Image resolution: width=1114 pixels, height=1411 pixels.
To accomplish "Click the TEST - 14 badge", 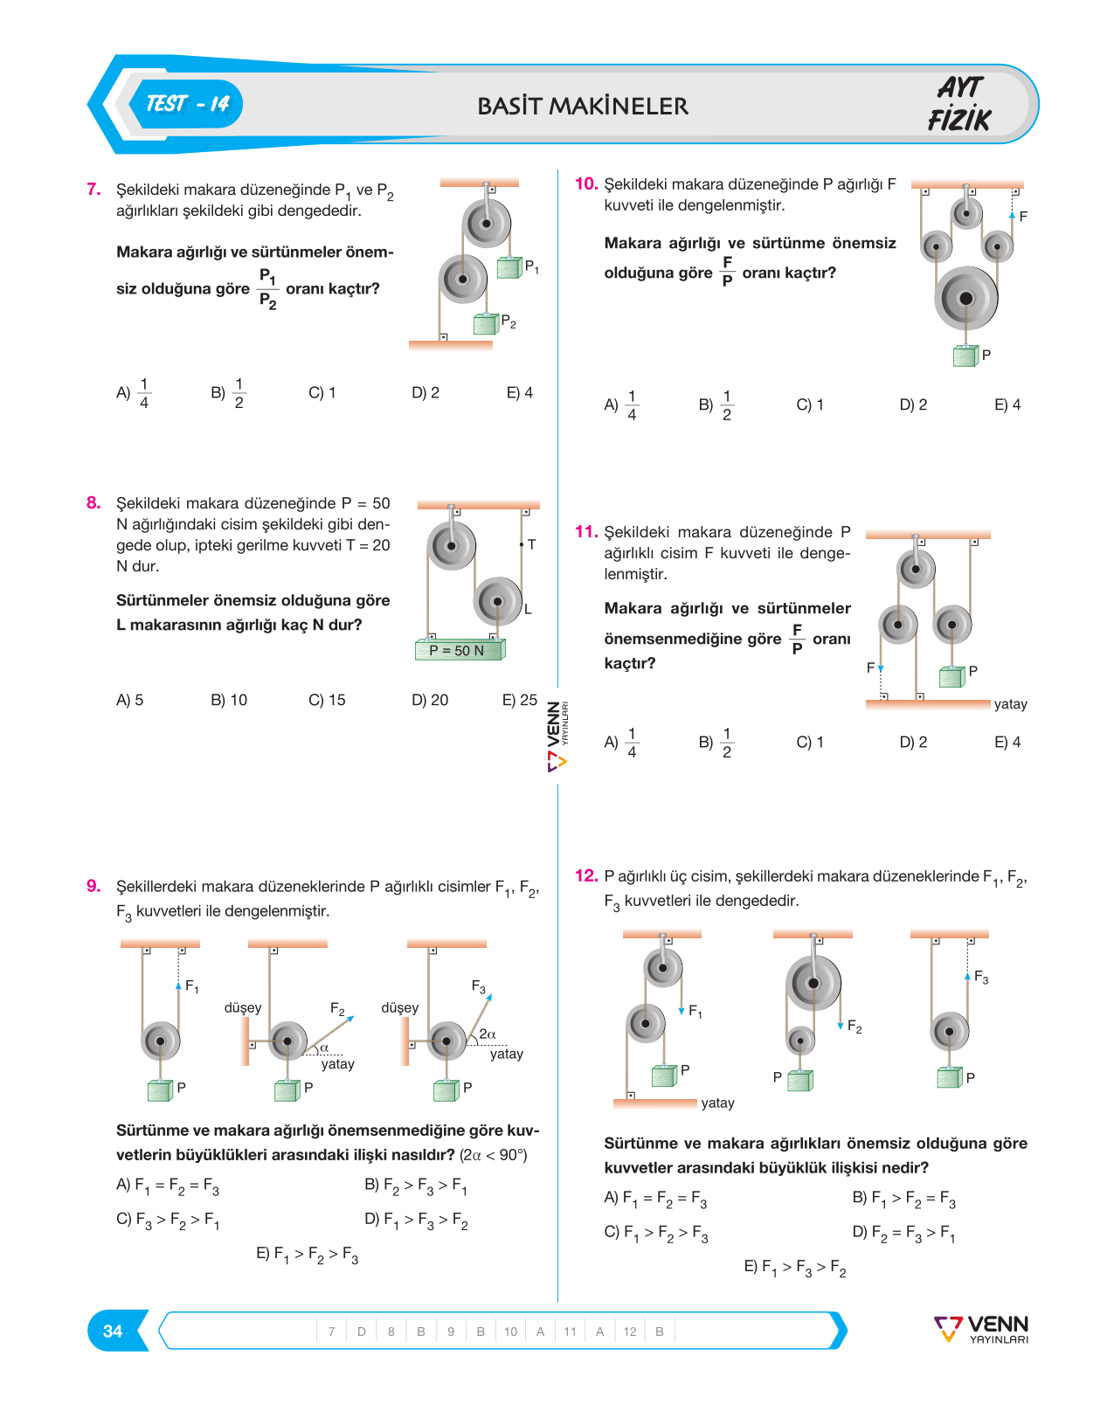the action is [x=186, y=104].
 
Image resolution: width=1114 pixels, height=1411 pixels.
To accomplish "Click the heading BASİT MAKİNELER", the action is [x=583, y=106].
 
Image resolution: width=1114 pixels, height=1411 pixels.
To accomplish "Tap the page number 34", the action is [x=112, y=1331].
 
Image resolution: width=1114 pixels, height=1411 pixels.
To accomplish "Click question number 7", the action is [x=93, y=189].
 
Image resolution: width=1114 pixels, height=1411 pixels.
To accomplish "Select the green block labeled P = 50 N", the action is [x=460, y=649].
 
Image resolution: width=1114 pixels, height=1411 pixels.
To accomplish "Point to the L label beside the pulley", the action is [x=528, y=609].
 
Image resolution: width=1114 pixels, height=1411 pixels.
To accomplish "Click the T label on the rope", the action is [x=532, y=544].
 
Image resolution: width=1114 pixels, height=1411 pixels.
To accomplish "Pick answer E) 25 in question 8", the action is [x=519, y=700].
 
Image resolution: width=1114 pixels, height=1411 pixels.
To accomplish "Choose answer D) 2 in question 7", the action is [x=426, y=392].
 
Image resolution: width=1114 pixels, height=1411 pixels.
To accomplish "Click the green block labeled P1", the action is [x=509, y=267].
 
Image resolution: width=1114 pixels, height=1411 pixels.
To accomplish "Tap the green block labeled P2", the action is [x=486, y=324].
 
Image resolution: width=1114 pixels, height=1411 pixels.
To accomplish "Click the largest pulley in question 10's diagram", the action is [x=965, y=298].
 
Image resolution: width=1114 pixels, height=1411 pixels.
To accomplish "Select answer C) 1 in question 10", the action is [x=810, y=405].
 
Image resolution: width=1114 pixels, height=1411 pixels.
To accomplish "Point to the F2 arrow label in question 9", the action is [x=337, y=1009].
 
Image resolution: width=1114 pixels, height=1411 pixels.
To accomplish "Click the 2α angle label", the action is [x=488, y=1034].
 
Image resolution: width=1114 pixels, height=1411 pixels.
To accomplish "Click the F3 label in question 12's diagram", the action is [x=981, y=978].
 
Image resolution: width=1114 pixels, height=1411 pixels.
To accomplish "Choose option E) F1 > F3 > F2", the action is [x=795, y=1268].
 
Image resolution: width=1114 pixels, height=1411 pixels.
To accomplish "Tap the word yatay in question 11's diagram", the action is [x=1010, y=704].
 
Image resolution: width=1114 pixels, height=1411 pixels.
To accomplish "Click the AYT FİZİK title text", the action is [x=959, y=104].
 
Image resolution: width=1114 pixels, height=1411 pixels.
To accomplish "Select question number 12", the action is [x=586, y=875].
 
